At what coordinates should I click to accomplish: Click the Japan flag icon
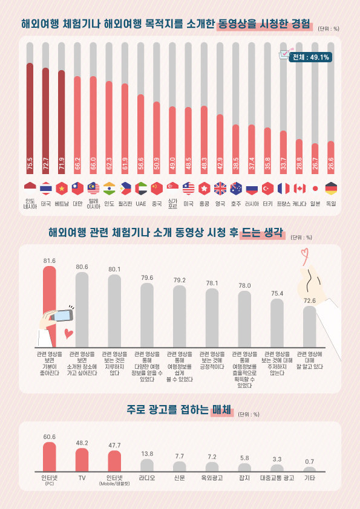[315, 188]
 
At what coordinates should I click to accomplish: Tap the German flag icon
[331, 188]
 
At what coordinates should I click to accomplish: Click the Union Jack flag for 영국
[220, 188]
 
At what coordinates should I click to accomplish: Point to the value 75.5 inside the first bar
[30, 164]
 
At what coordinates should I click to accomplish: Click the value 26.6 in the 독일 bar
[331, 164]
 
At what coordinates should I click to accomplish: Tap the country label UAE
[141, 204]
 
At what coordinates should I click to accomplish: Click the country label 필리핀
[125, 204]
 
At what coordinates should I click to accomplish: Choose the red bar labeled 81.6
[50, 305]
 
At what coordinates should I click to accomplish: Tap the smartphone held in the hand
[62, 316]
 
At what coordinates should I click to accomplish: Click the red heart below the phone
[69, 333]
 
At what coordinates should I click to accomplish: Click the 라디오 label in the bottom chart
[147, 478]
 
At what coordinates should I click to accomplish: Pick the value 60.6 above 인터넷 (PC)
[49, 436]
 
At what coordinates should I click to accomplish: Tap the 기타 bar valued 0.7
[310, 469]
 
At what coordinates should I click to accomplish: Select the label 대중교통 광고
[277, 478]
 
